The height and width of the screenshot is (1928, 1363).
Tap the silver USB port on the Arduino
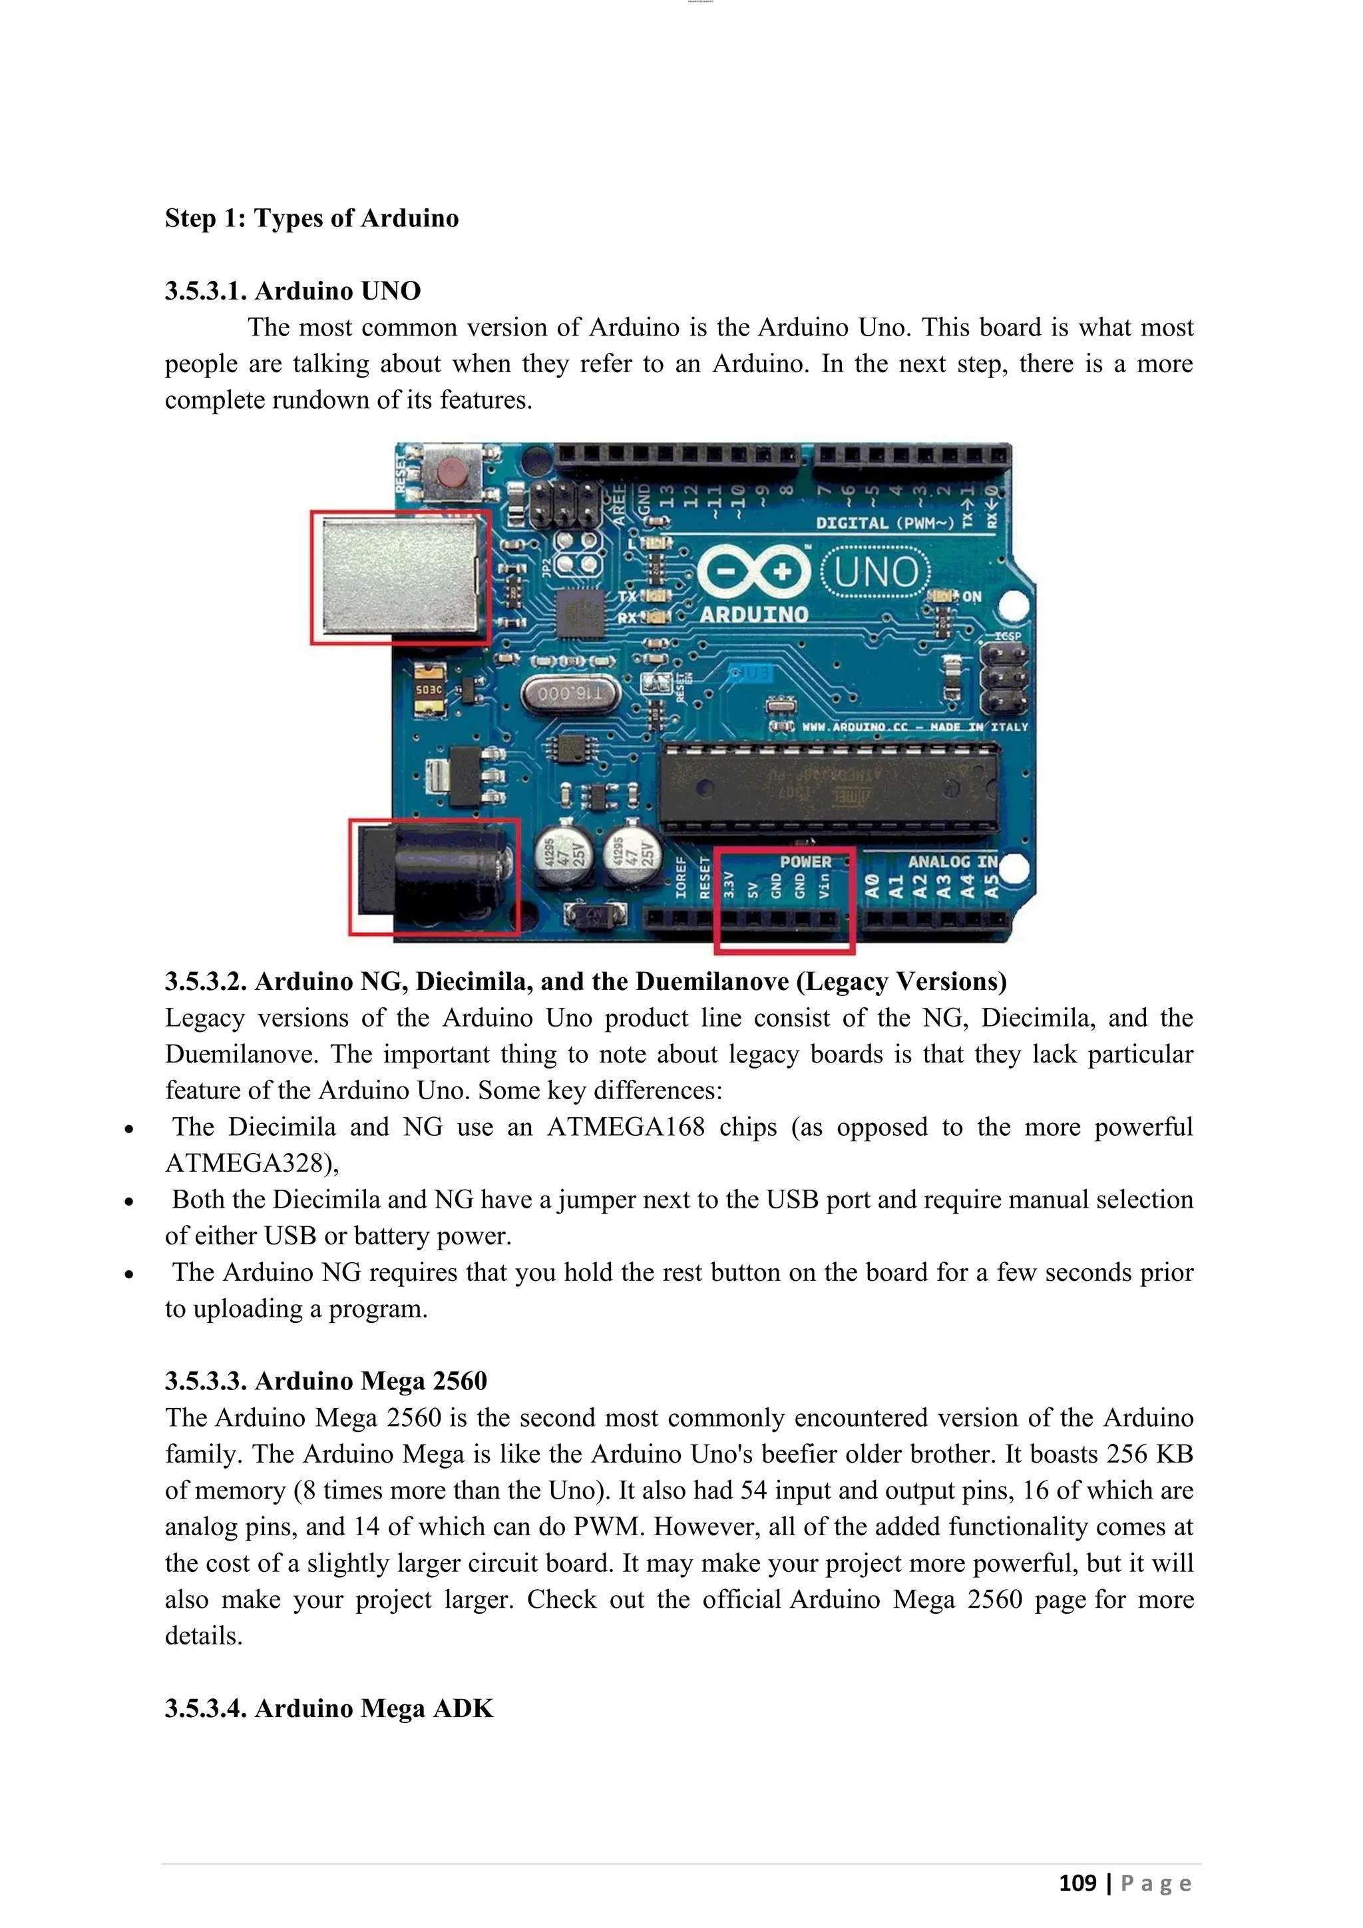(401, 577)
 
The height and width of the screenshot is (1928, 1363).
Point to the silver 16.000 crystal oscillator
(569, 694)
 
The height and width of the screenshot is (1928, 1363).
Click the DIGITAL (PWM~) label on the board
(884, 523)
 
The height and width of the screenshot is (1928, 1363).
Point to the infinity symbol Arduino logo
(753, 573)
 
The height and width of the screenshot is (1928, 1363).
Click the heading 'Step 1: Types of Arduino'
(311, 218)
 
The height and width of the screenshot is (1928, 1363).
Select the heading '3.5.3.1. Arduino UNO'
(292, 290)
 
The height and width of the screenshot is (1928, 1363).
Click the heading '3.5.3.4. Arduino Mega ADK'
(328, 1708)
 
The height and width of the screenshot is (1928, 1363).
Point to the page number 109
(1077, 1883)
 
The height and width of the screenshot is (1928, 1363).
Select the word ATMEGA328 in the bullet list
(248, 1163)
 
